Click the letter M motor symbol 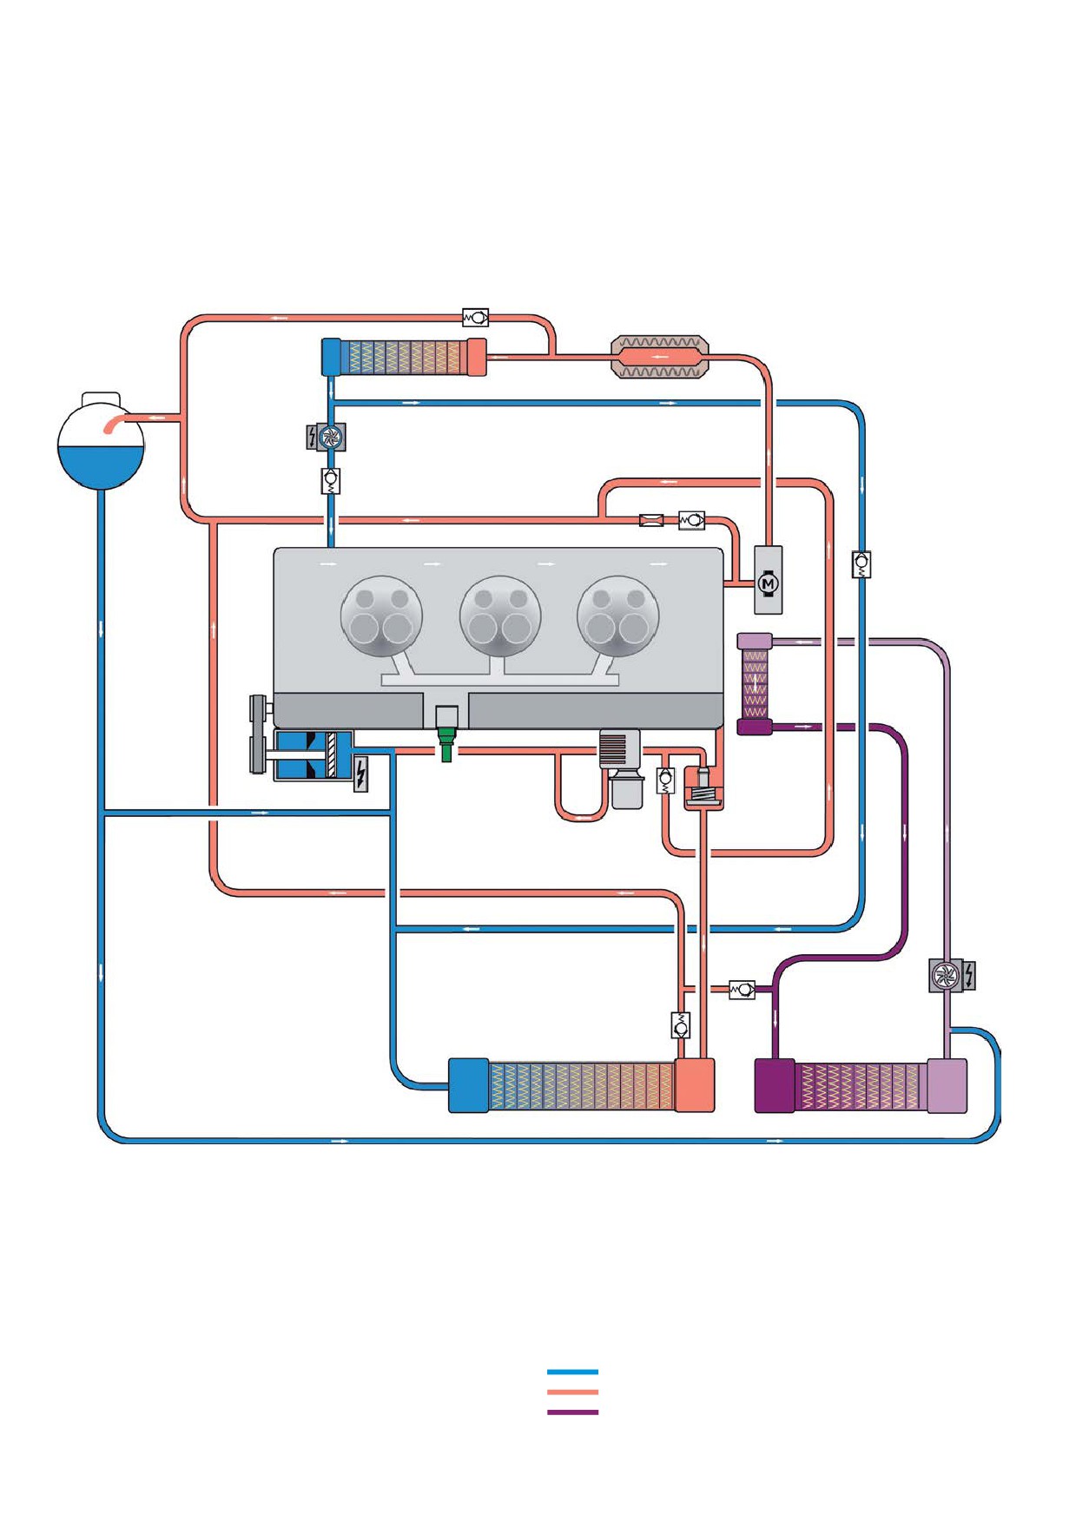click(768, 583)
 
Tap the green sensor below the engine click(446, 745)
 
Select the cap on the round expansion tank click(101, 399)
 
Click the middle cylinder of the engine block click(500, 616)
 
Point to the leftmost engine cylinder click(381, 616)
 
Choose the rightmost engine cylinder click(618, 616)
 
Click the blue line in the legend click(572, 1372)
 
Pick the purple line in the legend click(572, 1412)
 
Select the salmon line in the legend click(572, 1392)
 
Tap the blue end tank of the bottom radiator click(468, 1085)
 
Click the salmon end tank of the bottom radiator click(695, 1085)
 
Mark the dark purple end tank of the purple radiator click(775, 1085)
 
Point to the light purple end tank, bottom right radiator click(947, 1085)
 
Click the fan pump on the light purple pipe click(944, 976)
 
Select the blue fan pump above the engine click(329, 437)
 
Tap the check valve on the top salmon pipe click(475, 318)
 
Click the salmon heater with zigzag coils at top click(660, 357)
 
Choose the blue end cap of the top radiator click(331, 357)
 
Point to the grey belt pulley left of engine click(258, 734)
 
